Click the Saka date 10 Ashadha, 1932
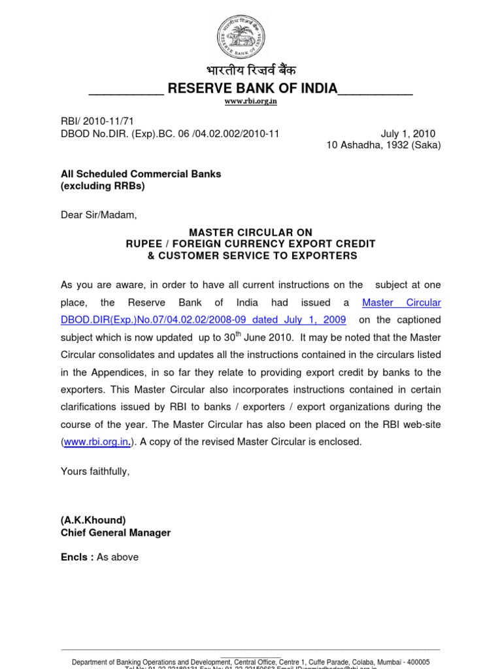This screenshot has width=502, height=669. [383, 145]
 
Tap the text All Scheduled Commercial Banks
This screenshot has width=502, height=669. [141, 174]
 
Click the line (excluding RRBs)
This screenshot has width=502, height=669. [103, 186]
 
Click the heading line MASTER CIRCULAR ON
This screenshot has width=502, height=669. [250, 233]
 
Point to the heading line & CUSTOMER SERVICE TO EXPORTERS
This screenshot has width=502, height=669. [252, 255]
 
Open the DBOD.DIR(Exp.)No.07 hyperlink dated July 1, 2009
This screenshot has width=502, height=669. [204, 320]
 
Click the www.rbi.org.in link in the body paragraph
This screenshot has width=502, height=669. [97, 442]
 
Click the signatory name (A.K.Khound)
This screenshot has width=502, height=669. [93, 520]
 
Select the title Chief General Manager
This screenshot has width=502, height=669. [115, 532]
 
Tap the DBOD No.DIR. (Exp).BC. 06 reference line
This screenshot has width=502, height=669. [169, 134]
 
